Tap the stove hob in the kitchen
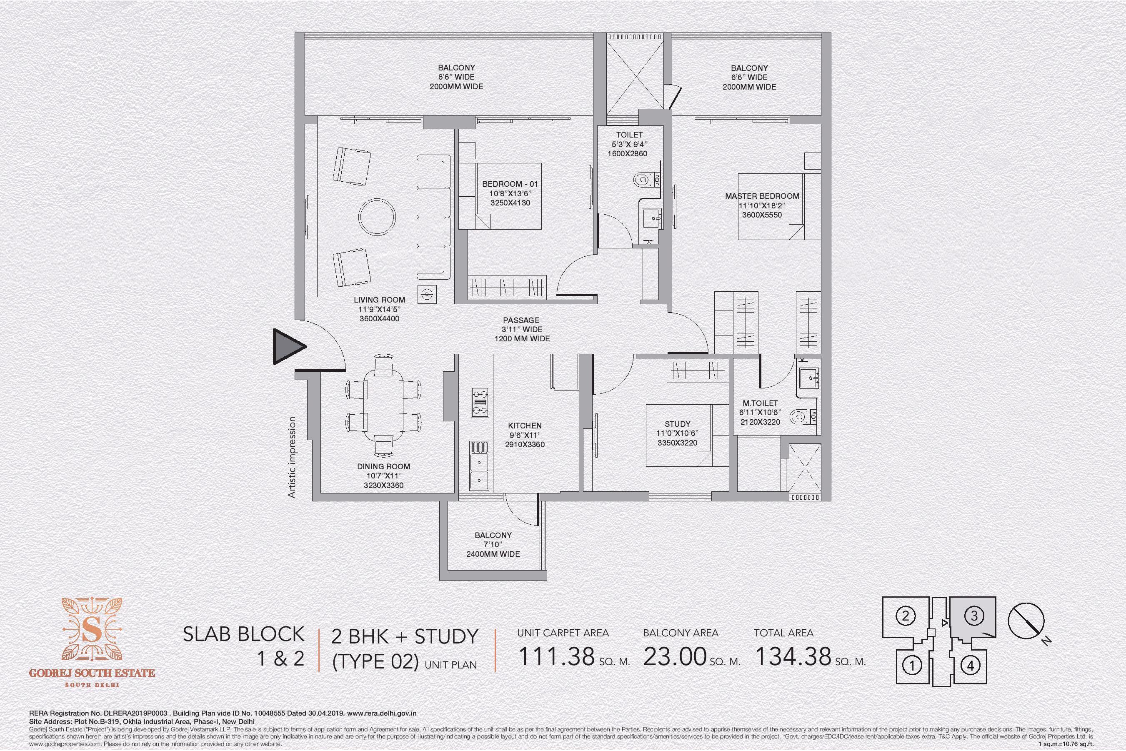(480, 402)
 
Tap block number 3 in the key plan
(974, 616)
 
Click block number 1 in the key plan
(912, 665)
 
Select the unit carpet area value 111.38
(556, 656)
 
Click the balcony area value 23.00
(675, 656)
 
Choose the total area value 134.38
(793, 656)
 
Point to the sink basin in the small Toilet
(651, 219)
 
